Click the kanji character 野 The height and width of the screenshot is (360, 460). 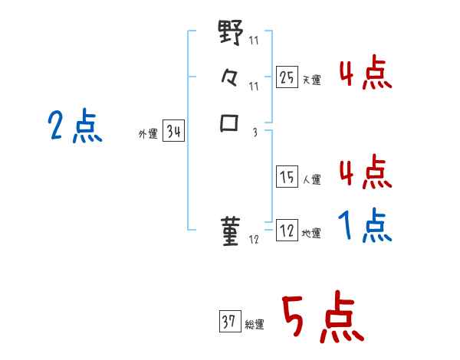pos(231,34)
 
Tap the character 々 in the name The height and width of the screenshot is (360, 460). pos(231,78)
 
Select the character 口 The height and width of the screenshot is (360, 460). pos(231,123)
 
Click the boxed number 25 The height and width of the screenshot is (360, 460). pos(287,77)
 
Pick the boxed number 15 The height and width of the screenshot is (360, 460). pos(287,177)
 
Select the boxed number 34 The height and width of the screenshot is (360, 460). pos(173,132)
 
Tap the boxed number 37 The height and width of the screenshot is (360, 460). pos(229,322)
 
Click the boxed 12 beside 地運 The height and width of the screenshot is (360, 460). pos(287,231)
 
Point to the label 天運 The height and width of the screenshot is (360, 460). pos(311,80)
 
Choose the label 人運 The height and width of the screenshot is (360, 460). pos(311,180)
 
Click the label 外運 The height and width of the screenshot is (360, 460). pos(148,134)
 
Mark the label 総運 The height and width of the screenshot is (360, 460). pos(255,325)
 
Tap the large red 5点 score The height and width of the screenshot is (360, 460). pos(321,319)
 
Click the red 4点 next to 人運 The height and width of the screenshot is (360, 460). pos(365,172)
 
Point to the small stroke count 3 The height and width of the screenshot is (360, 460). pos(255,132)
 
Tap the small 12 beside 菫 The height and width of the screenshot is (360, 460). pos(254,241)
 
